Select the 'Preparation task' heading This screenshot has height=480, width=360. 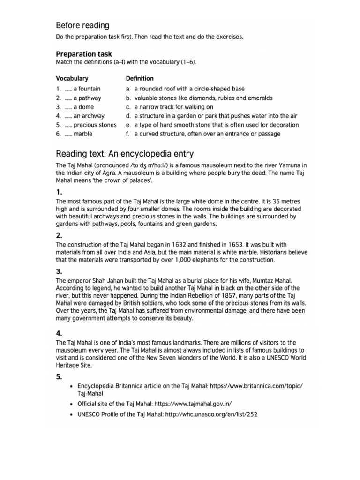click(84, 54)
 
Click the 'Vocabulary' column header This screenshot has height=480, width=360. click(72, 78)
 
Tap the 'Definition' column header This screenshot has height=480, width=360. click(140, 78)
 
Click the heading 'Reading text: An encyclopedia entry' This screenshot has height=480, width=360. click(125, 154)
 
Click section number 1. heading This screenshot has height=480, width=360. click(59, 192)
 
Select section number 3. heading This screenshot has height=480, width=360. click(59, 271)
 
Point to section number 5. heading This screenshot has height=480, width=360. click(59, 376)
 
